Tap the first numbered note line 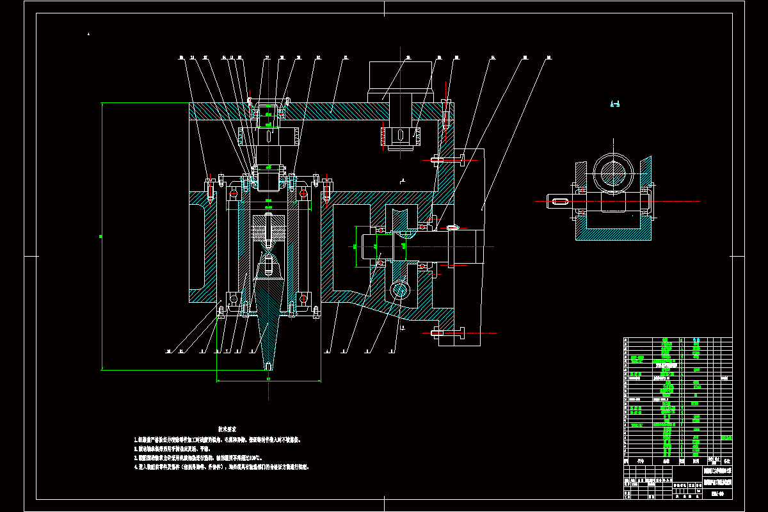(x=218, y=440)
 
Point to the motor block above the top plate (x=399, y=79)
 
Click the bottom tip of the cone (x=269, y=367)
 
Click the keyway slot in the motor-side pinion (x=398, y=136)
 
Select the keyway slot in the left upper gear (x=268, y=136)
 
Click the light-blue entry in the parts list (x=726, y=437)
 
